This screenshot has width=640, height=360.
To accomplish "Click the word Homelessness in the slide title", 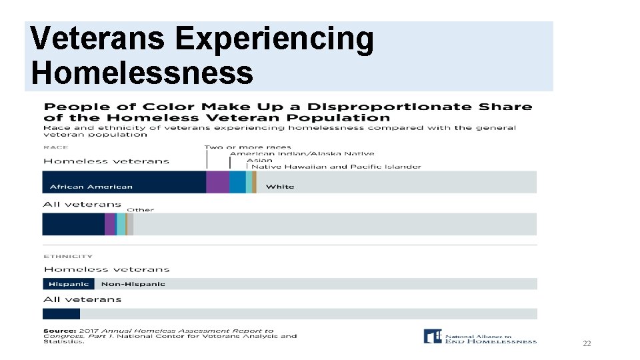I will tap(142, 71).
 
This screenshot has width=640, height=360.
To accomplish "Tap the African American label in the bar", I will tap(91, 187).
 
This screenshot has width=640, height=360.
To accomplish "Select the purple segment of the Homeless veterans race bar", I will tap(217, 182).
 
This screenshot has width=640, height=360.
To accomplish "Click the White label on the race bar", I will tap(279, 187).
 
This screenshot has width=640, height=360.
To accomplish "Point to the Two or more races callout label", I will tap(247, 147).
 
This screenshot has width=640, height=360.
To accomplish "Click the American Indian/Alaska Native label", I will tap(301, 154).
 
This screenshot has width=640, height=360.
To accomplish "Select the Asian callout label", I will tap(259, 161).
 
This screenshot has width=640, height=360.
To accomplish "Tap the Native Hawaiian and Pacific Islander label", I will tap(336, 167).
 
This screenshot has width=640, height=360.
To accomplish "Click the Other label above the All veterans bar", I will tap(140, 210).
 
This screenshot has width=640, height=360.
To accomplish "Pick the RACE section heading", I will tap(55, 147).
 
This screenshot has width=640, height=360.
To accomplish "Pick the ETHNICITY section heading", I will tap(68, 256).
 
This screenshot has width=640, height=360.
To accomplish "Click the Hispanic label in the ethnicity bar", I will tap(69, 284).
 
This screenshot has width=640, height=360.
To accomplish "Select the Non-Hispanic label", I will tap(133, 284).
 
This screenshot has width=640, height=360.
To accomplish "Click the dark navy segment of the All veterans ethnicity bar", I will tap(61, 313).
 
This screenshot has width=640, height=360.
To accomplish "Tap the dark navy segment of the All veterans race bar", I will tap(73, 224).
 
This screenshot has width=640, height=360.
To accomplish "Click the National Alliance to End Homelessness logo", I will tap(480, 337).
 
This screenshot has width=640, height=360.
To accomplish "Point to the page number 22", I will tap(587, 343).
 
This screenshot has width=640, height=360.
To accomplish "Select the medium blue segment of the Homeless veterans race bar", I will tap(237, 182).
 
